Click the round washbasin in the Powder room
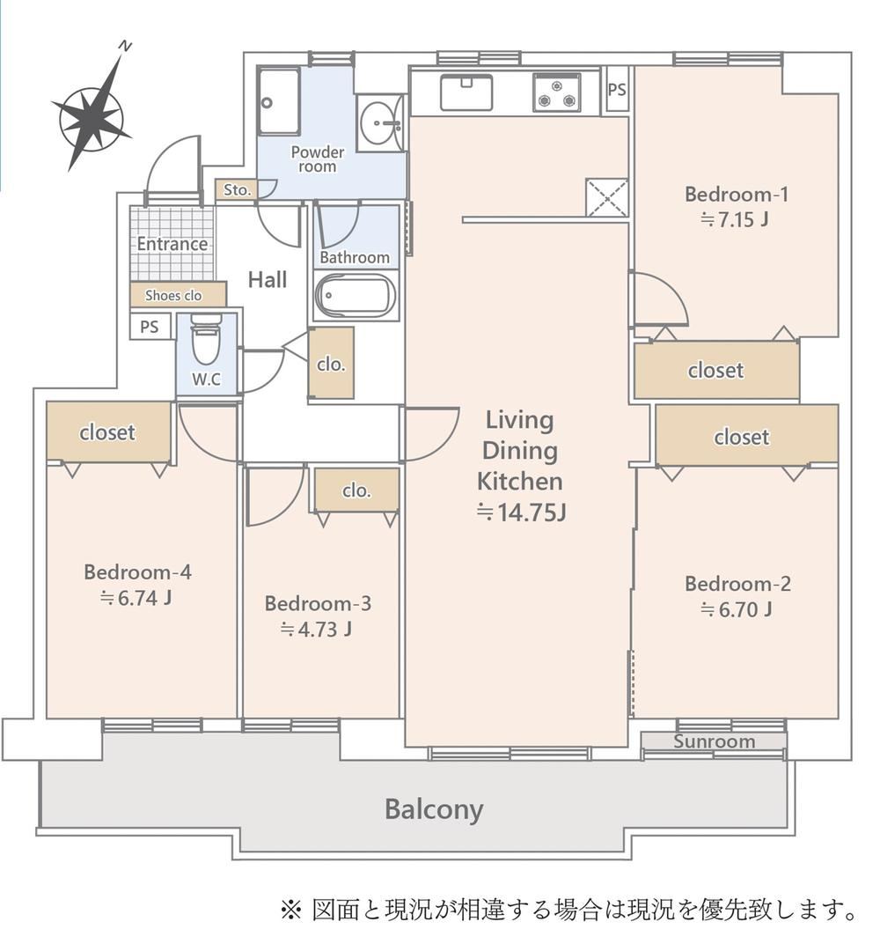[379, 123]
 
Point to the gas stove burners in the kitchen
[556, 92]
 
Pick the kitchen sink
[466, 92]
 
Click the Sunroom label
[714, 741]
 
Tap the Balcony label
[434, 808]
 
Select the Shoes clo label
[173, 295]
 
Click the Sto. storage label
[237, 190]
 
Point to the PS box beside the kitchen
[617, 90]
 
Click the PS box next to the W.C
[150, 327]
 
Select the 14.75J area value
[521, 512]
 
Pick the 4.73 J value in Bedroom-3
[316, 630]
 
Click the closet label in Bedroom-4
[107, 432]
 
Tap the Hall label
[267, 280]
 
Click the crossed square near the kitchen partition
[606, 197]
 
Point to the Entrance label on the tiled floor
[172, 244]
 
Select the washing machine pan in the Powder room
[278, 102]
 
